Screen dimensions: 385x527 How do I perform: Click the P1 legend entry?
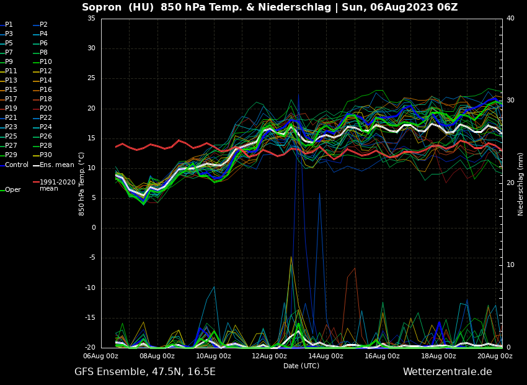click(9, 25)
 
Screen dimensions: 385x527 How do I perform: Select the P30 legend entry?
click(46, 155)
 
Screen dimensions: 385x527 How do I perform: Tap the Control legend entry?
click(17, 165)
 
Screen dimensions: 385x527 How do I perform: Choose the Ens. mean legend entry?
click(56, 165)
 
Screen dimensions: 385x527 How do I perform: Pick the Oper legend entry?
click(12, 190)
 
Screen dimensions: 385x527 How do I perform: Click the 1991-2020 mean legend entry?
click(57, 185)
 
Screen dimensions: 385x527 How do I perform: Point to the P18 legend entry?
click(46, 99)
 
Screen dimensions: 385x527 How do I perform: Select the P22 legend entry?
click(46, 118)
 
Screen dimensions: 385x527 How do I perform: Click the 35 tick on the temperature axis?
click(91, 19)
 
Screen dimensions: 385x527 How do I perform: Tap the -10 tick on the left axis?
click(90, 288)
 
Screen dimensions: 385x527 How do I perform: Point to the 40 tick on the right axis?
click(510, 19)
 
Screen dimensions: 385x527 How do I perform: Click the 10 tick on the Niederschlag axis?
click(510, 265)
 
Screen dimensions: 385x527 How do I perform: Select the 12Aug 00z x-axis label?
click(270, 356)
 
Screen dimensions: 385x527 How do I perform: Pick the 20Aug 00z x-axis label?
click(494, 356)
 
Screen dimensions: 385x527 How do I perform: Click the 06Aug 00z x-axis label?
click(101, 356)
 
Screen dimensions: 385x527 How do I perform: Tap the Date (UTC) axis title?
click(301, 366)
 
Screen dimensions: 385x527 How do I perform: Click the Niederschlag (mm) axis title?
click(521, 184)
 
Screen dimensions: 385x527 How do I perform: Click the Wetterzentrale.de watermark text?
click(447, 372)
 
